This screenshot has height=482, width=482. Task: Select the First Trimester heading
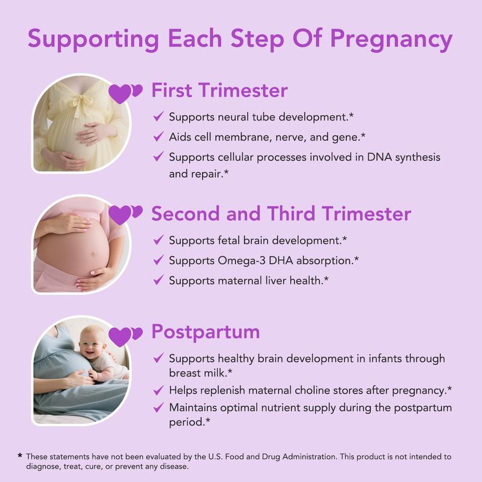coord(219,90)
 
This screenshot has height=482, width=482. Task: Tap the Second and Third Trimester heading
coord(281,213)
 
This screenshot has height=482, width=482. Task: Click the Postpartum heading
coord(205,331)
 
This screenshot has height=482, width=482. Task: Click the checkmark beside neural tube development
coord(158,117)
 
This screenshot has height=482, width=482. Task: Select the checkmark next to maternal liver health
coord(158,280)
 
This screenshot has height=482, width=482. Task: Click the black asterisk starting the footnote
coord(20,456)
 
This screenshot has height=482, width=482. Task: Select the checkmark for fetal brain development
coord(158,240)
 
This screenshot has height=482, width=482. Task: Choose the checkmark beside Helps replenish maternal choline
coord(158,390)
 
